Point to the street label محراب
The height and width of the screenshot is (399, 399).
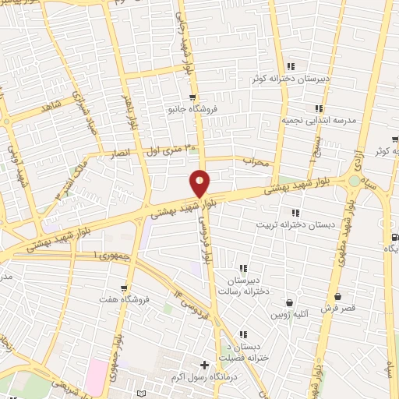tap(255, 164)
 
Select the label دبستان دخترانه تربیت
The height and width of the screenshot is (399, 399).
tap(288, 224)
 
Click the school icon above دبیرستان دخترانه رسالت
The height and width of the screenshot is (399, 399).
tap(244, 268)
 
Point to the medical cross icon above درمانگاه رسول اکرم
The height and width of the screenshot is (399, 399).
tap(204, 365)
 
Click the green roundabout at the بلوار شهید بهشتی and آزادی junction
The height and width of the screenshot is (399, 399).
tap(355, 181)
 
